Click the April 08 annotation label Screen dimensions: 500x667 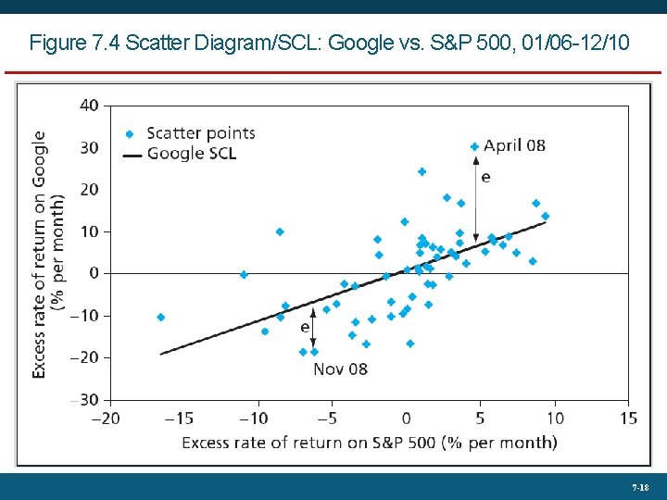pos(514,146)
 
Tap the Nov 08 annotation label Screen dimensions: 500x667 pos(340,369)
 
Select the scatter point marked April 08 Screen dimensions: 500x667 pos(474,146)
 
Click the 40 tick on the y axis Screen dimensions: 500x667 pos(89,105)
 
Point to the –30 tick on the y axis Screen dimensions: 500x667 pos(87,399)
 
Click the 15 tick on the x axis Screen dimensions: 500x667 pos(628,419)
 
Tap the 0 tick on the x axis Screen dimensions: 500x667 pos(406,419)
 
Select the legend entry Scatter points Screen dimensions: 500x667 pos(200,133)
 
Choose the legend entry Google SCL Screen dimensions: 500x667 pos(192,153)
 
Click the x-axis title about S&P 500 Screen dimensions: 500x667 pos(369,443)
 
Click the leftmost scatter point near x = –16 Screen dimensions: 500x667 pos(160,317)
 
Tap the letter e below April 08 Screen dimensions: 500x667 pos(485,175)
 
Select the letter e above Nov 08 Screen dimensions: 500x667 pos(305,327)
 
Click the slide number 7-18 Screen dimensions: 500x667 pos(639,487)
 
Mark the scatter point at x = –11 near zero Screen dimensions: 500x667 pos(244,274)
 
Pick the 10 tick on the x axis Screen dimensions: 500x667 pos(554,419)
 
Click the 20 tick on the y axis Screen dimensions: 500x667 pos(89,189)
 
